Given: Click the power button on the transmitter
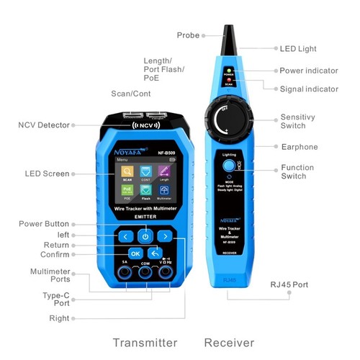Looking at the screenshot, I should point(145,235).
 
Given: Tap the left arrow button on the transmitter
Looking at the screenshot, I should point(125,235).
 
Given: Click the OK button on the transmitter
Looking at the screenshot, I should point(135,253).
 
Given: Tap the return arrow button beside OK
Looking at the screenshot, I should point(154,253).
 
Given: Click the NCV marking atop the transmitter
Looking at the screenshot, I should point(145,124).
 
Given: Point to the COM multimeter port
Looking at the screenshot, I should point(145,274).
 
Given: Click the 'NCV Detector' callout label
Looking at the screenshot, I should point(44,125).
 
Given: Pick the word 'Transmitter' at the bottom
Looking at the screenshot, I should point(145,341).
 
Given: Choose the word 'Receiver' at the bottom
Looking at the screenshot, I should point(228,341).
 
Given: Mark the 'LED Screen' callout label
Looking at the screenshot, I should point(46,174).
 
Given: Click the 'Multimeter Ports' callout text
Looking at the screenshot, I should point(49,276).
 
